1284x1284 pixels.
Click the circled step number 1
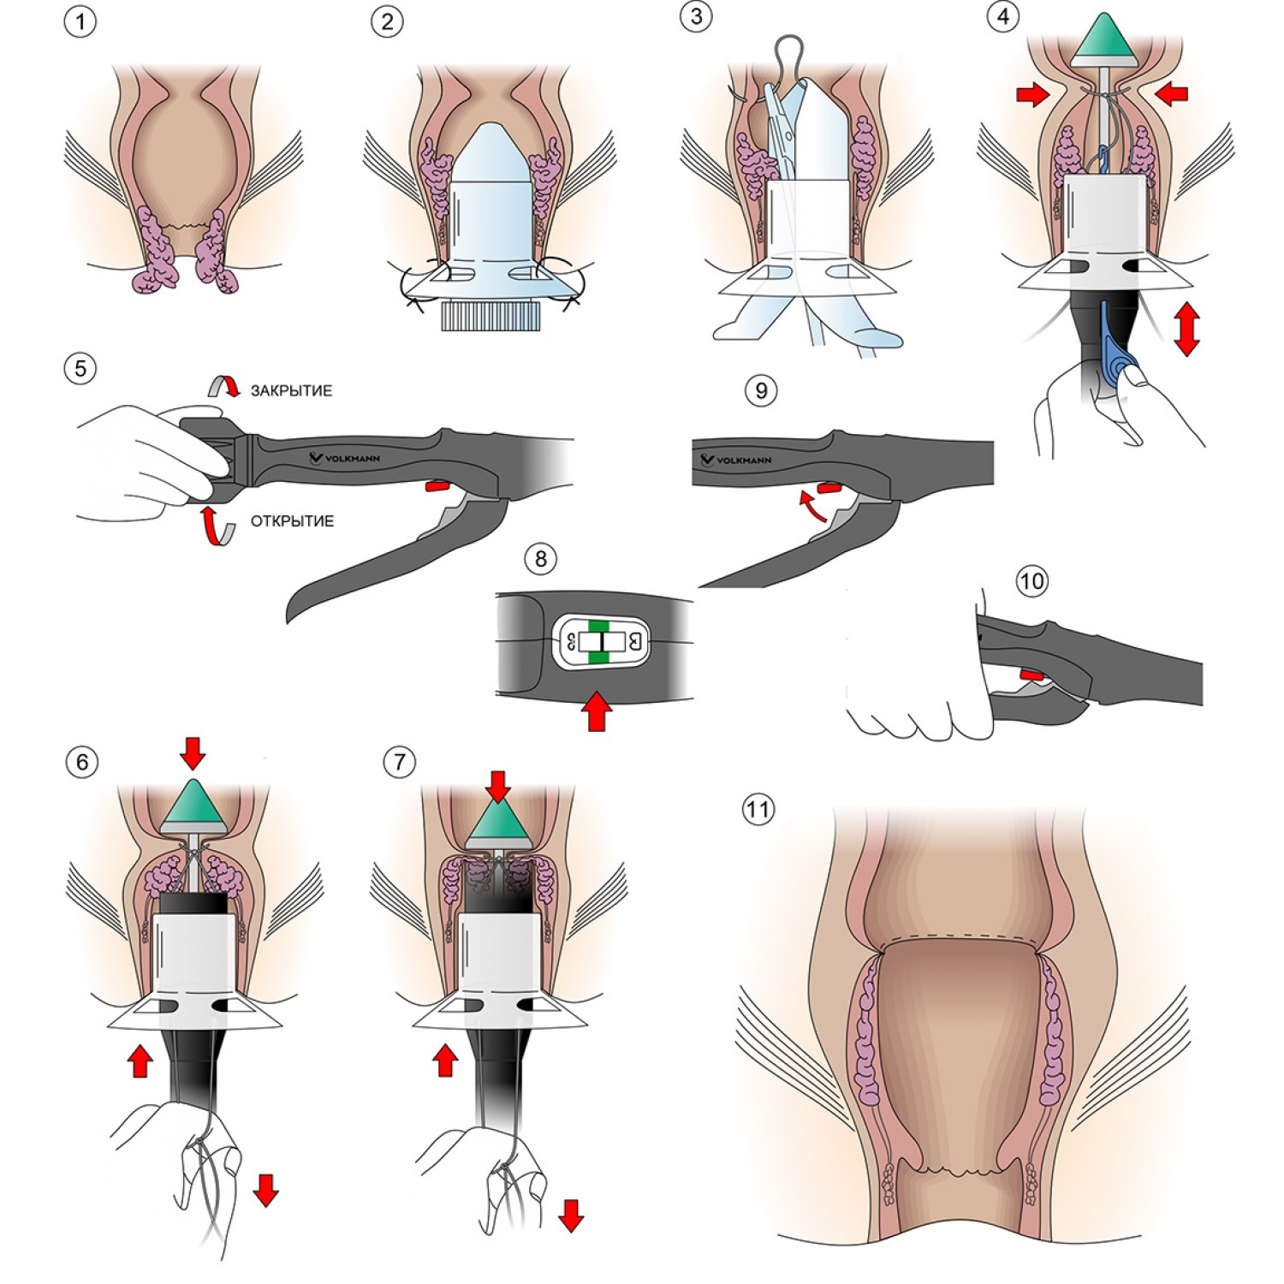pyautogui.click(x=80, y=21)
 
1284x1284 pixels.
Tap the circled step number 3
pyautogui.click(x=697, y=17)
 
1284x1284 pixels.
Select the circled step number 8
pyautogui.click(x=540, y=560)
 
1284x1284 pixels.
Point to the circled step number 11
pyautogui.click(x=758, y=809)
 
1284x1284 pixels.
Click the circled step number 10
pyautogui.click(x=1031, y=582)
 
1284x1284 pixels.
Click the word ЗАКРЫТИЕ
pyautogui.click(x=291, y=391)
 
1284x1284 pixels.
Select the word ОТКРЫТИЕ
pyautogui.click(x=292, y=521)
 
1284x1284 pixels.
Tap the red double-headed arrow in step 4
pyautogui.click(x=1186, y=327)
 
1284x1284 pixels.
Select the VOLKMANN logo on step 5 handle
pyautogui.click(x=346, y=458)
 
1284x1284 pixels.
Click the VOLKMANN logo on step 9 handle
pyautogui.click(x=736, y=460)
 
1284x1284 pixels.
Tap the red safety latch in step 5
pyautogui.click(x=437, y=486)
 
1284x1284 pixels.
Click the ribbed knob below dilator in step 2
pyautogui.click(x=490, y=315)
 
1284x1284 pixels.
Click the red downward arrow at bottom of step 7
pyautogui.click(x=571, y=1214)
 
